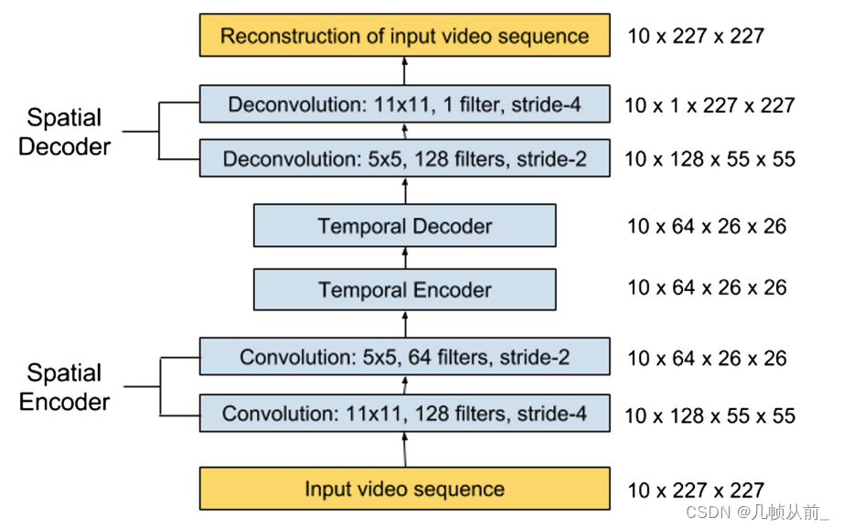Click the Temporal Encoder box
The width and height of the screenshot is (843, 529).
[x=404, y=290]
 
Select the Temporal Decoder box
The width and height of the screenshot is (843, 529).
[x=404, y=226]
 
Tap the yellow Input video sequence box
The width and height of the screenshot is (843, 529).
[x=404, y=489]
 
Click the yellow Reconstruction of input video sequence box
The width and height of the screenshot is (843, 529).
[x=404, y=37]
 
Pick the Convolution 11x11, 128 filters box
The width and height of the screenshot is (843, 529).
[x=404, y=414]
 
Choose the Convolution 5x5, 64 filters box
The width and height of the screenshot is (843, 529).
[x=404, y=357]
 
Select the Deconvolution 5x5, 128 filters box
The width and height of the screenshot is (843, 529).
[x=404, y=159]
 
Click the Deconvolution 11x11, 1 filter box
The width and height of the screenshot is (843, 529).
[x=404, y=104]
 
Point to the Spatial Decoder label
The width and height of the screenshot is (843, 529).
[x=65, y=132]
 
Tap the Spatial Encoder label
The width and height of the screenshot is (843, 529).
[x=65, y=387]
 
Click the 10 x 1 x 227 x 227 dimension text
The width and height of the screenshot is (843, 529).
[x=710, y=106]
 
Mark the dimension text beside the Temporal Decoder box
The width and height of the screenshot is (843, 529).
[x=707, y=226]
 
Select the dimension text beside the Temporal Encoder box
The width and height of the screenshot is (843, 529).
[x=707, y=288]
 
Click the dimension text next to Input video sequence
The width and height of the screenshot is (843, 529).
[x=695, y=491]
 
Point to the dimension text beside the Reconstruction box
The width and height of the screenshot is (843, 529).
[x=695, y=37]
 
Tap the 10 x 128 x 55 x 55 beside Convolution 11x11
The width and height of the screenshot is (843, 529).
[x=710, y=416]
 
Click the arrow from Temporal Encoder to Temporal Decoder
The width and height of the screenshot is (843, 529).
[x=404, y=258]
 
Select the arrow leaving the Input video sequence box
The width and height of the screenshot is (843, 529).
[x=404, y=450]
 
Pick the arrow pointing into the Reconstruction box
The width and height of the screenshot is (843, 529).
[x=404, y=70]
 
